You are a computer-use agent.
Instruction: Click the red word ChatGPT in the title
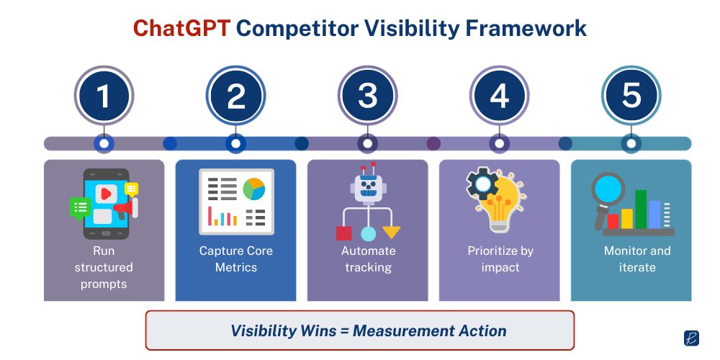pyautogui.click(x=181, y=28)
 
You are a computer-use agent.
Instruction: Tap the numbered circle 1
pyautogui.click(x=104, y=96)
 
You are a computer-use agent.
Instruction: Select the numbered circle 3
pyautogui.click(x=368, y=96)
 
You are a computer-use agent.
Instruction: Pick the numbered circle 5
pyautogui.click(x=631, y=96)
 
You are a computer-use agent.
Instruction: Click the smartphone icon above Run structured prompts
pyautogui.click(x=106, y=203)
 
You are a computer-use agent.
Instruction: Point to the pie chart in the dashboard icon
pyautogui.click(x=253, y=189)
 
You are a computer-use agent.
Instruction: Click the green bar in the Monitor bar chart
pyautogui.click(x=641, y=209)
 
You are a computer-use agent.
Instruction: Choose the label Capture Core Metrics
pyautogui.click(x=236, y=259)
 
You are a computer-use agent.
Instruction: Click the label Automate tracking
pyautogui.click(x=368, y=259)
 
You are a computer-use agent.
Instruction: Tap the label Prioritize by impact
pyautogui.click(x=500, y=259)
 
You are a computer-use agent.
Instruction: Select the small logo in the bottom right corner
pyautogui.click(x=691, y=338)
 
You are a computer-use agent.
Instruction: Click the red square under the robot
pyautogui.click(x=343, y=233)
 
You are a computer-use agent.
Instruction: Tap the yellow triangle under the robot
pyautogui.click(x=391, y=232)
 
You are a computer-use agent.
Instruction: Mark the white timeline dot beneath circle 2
pyautogui.click(x=235, y=143)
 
